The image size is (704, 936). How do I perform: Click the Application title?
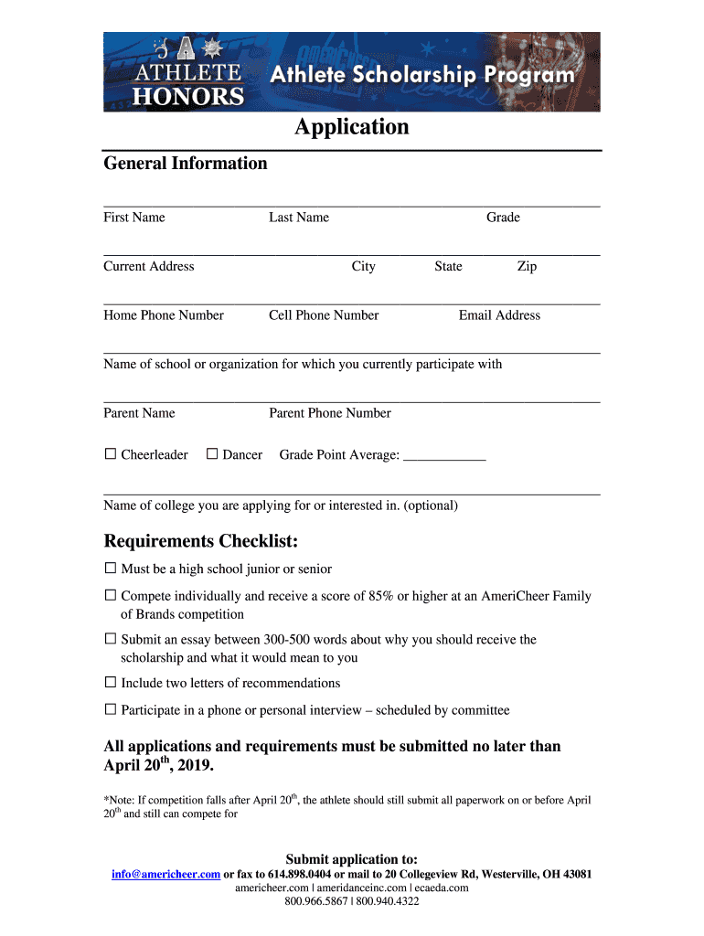coord(351,127)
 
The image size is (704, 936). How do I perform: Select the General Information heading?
coord(186,164)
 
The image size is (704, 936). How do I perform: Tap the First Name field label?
coord(134,218)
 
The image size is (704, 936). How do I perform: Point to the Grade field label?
coord(503,218)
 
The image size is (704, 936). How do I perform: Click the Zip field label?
coord(527,267)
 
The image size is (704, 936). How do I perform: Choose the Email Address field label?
coord(499,315)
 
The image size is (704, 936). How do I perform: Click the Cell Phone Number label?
coord(324,315)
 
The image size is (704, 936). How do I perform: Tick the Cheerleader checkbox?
coord(111,454)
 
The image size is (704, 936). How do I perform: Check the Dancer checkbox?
coord(212,454)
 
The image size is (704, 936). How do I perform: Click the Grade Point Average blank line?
coord(444,456)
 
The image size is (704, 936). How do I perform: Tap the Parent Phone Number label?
coord(330,413)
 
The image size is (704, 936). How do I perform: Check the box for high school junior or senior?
coord(111,569)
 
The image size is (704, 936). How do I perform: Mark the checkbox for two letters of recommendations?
coord(111,683)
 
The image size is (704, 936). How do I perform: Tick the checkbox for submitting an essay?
coord(111,639)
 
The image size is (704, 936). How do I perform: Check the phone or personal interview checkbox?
coord(111,710)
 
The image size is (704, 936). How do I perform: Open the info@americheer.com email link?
coord(165,874)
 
